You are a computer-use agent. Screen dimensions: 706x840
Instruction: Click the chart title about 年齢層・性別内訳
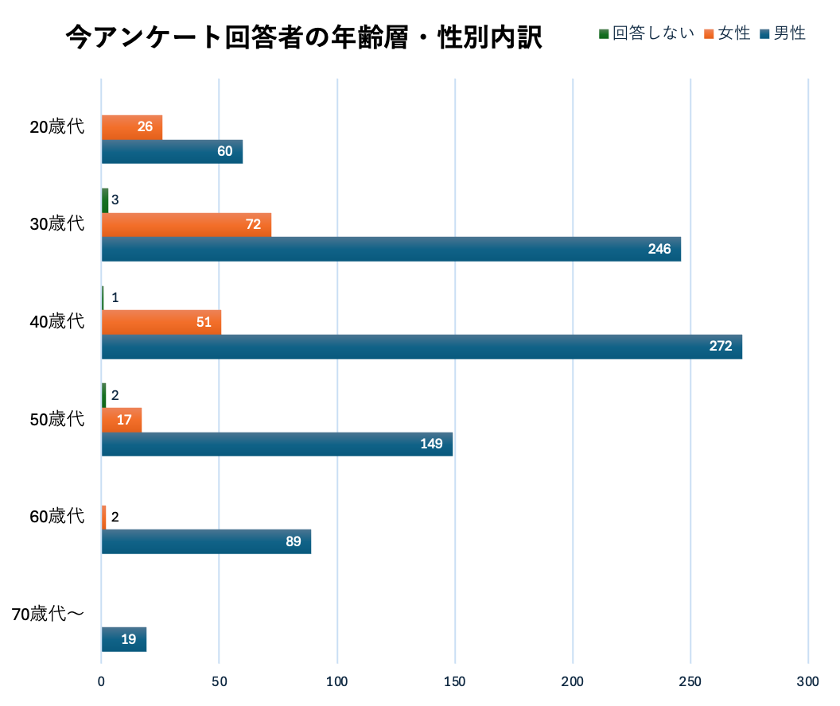click(x=303, y=37)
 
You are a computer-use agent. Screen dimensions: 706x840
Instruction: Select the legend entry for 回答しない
click(x=646, y=33)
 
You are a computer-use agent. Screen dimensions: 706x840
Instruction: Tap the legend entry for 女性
click(x=727, y=33)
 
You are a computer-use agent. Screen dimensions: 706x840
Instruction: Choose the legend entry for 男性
click(x=783, y=33)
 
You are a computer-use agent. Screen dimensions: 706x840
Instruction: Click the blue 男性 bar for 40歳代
click(x=422, y=347)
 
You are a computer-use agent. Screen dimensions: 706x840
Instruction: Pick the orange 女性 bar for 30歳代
click(x=186, y=225)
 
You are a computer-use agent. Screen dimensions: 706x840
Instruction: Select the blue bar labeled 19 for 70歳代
click(x=123, y=639)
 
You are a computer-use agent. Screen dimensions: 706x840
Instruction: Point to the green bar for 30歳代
click(x=105, y=200)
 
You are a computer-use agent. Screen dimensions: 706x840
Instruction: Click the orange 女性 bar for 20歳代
click(x=131, y=127)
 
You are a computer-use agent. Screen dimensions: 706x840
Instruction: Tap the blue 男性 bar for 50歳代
click(x=277, y=444)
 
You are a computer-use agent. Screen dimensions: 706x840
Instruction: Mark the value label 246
click(x=659, y=250)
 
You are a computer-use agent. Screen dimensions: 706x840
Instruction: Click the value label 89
click(x=293, y=542)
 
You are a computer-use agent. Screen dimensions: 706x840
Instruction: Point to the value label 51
click(x=203, y=323)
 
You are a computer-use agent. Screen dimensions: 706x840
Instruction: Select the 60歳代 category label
click(x=56, y=517)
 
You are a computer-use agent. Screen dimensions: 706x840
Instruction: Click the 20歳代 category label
click(x=56, y=126)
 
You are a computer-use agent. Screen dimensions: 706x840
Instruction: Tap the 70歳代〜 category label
click(x=49, y=614)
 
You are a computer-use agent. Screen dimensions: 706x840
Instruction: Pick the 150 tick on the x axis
click(x=454, y=681)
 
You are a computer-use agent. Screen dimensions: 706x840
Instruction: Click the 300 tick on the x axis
click(x=807, y=681)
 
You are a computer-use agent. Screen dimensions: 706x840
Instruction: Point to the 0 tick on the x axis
click(x=102, y=681)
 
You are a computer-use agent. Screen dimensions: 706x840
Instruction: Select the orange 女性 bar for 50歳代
click(x=122, y=420)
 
